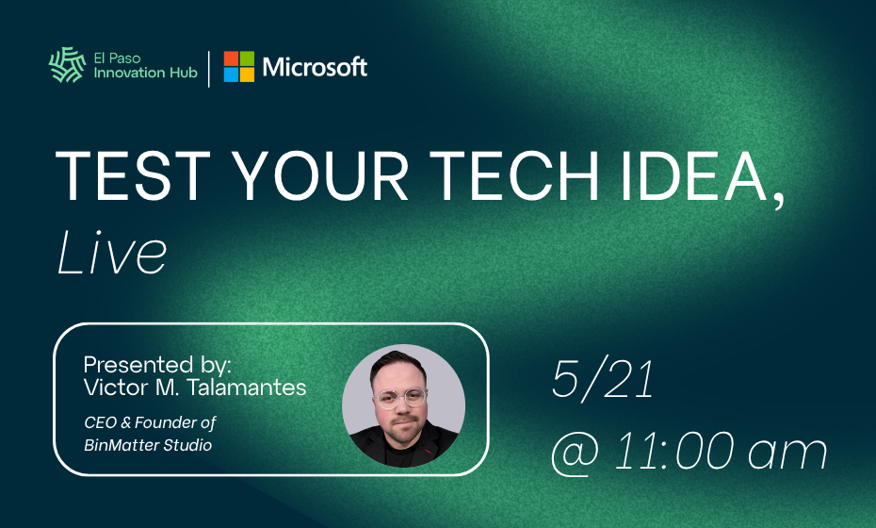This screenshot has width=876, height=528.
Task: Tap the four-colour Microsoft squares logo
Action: coord(238,67)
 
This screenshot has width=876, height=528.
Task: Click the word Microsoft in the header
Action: coord(315,67)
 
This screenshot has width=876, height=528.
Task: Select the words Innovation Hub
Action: coord(146,74)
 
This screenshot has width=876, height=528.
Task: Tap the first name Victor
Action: coord(110,387)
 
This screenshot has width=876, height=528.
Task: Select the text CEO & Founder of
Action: coord(150,422)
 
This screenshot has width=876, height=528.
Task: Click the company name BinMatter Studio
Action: coord(148,444)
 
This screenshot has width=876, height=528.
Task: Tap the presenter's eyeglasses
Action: coord(401,397)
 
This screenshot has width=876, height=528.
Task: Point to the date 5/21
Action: coord(603,379)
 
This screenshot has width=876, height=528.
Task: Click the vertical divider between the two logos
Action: coord(209,67)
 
